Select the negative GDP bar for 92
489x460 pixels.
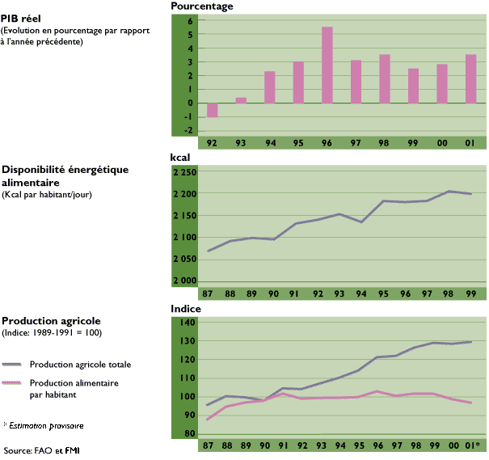[213, 110]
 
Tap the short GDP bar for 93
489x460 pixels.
[241, 100]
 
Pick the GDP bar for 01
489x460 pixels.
[470, 78]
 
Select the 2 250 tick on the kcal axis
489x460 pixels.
[184, 173]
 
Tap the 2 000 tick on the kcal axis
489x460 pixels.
[184, 281]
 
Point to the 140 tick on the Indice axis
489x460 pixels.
[186, 323]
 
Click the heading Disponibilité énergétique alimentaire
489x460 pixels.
[54, 175]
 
